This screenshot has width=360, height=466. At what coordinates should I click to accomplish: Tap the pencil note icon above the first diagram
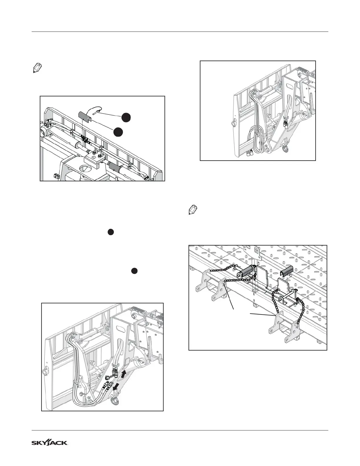[x=36, y=69]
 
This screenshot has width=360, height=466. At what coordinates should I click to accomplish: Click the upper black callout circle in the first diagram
[x=126, y=117]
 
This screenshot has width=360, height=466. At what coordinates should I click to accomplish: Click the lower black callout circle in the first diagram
[x=118, y=132]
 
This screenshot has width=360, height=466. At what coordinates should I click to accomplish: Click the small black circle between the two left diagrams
[x=110, y=232]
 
